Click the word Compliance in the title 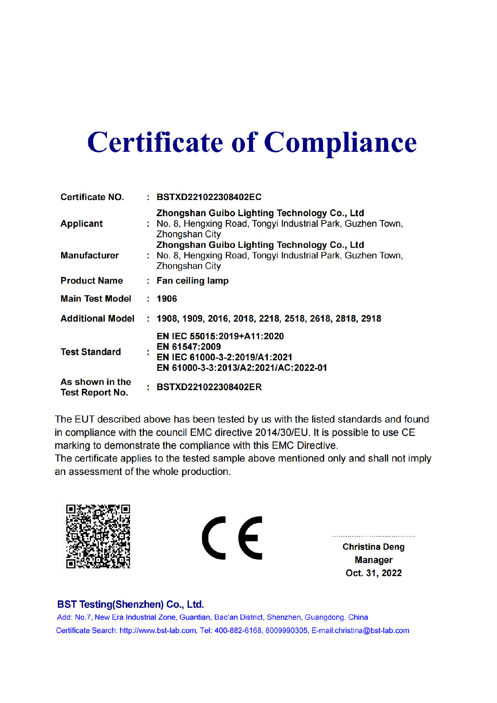coord(340,142)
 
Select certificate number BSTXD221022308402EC coord(209,197)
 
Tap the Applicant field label coord(82,224)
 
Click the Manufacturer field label coord(90,255)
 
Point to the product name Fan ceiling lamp coord(192,280)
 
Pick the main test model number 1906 coord(167,298)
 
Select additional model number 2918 coord(371,318)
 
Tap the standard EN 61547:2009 coord(188,347)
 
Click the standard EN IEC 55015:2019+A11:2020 coord(220,336)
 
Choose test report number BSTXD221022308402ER coord(209,387)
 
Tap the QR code coord(98,536)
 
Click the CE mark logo coord(232,538)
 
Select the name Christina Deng coord(373,547)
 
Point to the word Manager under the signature coord(373,560)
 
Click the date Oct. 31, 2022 coord(373,573)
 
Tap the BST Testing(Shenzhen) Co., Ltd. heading coord(130,604)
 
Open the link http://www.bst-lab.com coord(158,631)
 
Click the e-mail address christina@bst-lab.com coord(372,631)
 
